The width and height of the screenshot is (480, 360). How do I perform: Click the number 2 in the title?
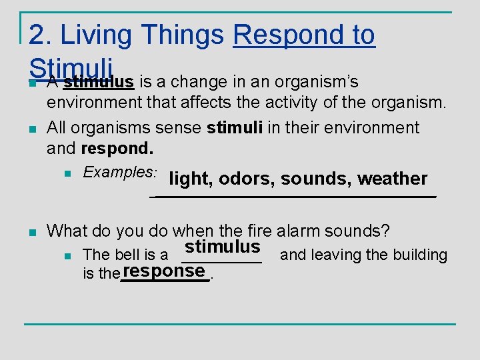click(37, 35)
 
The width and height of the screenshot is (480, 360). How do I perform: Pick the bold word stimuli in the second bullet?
click(235, 127)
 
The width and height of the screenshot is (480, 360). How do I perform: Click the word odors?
click(247, 179)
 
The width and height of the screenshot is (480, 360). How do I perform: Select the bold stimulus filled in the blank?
click(223, 247)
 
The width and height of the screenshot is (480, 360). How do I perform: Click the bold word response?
click(163, 271)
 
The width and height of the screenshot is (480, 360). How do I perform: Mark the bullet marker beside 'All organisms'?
click(31, 129)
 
